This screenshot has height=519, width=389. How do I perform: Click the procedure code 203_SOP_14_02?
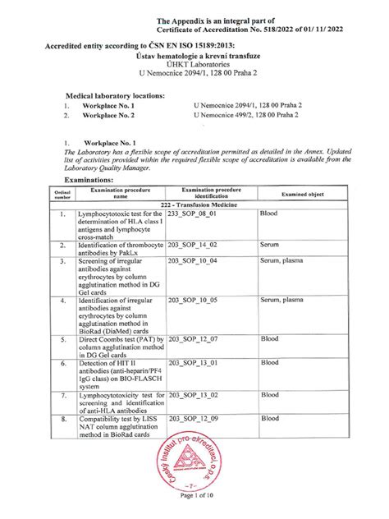pos(193,245)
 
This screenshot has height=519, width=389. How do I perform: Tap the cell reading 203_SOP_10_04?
pos(193,261)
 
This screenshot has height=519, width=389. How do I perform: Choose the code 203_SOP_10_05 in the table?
pos(193,301)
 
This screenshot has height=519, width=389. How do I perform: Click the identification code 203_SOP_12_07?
pos(193,338)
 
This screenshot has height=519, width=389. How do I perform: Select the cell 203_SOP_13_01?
pos(193,362)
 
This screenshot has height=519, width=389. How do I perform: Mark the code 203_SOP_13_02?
pos(193,394)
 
